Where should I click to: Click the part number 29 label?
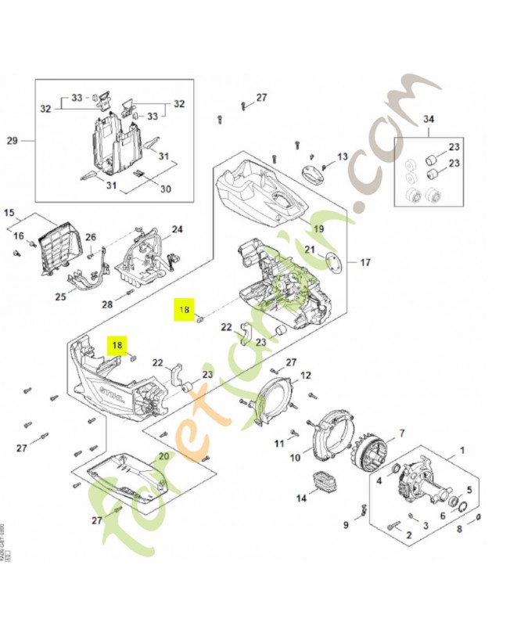click(x=12, y=141)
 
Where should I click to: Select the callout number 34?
click(x=427, y=119)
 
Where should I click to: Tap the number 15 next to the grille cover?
click(x=9, y=213)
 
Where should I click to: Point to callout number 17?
click(x=365, y=262)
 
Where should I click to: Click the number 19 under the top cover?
click(x=318, y=228)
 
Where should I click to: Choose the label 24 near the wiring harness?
click(x=178, y=229)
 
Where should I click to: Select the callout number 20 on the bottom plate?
click(x=164, y=456)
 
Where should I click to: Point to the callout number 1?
click(x=462, y=450)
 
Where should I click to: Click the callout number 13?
click(x=342, y=156)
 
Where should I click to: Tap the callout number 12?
click(x=306, y=375)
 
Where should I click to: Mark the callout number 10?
click(x=295, y=457)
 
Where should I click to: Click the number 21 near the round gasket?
click(x=310, y=250)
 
